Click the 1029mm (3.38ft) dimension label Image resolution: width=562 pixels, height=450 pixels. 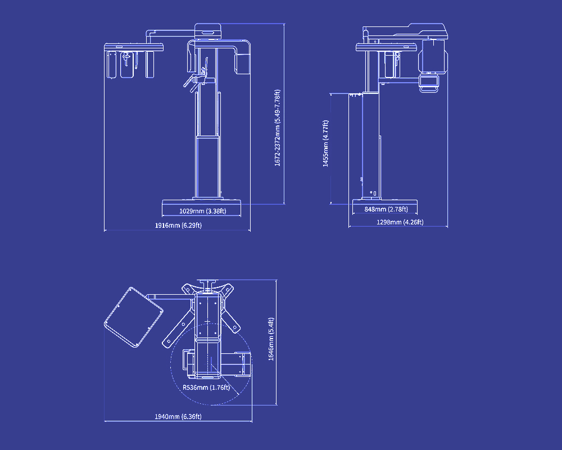[202, 211]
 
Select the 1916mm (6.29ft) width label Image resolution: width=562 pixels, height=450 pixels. [178, 226]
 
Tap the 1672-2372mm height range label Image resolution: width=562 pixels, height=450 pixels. [278, 128]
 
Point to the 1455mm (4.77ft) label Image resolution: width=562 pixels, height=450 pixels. [325, 143]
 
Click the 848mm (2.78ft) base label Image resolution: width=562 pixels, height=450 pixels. [386, 209]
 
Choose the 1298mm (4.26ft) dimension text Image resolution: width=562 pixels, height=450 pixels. [400, 222]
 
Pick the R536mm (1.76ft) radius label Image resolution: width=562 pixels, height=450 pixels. [206, 388]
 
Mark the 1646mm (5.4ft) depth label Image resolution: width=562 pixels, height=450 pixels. [271, 339]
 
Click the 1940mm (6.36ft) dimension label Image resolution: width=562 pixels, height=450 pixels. [178, 417]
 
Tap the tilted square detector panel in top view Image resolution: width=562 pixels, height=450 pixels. [133, 317]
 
